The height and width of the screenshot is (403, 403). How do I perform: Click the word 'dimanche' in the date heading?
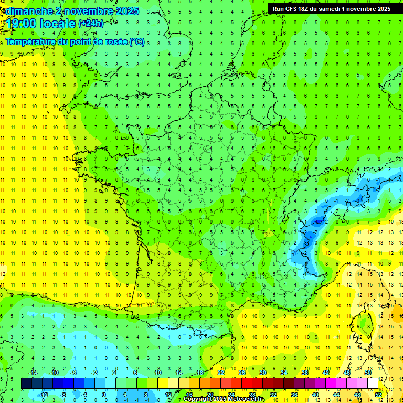tap(27, 11)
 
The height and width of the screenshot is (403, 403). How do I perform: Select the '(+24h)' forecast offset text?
tap(91, 24)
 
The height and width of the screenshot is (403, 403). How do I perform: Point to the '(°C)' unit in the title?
tap(137, 41)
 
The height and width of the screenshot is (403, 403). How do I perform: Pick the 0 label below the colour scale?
tap(104, 394)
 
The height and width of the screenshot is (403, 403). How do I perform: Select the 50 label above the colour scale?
tap(368, 373)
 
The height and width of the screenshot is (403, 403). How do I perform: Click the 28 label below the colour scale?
tap(252, 394)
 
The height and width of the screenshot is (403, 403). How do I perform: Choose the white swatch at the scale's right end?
tap(373, 384)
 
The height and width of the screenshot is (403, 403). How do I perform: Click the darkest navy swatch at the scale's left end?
tap(26, 384)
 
